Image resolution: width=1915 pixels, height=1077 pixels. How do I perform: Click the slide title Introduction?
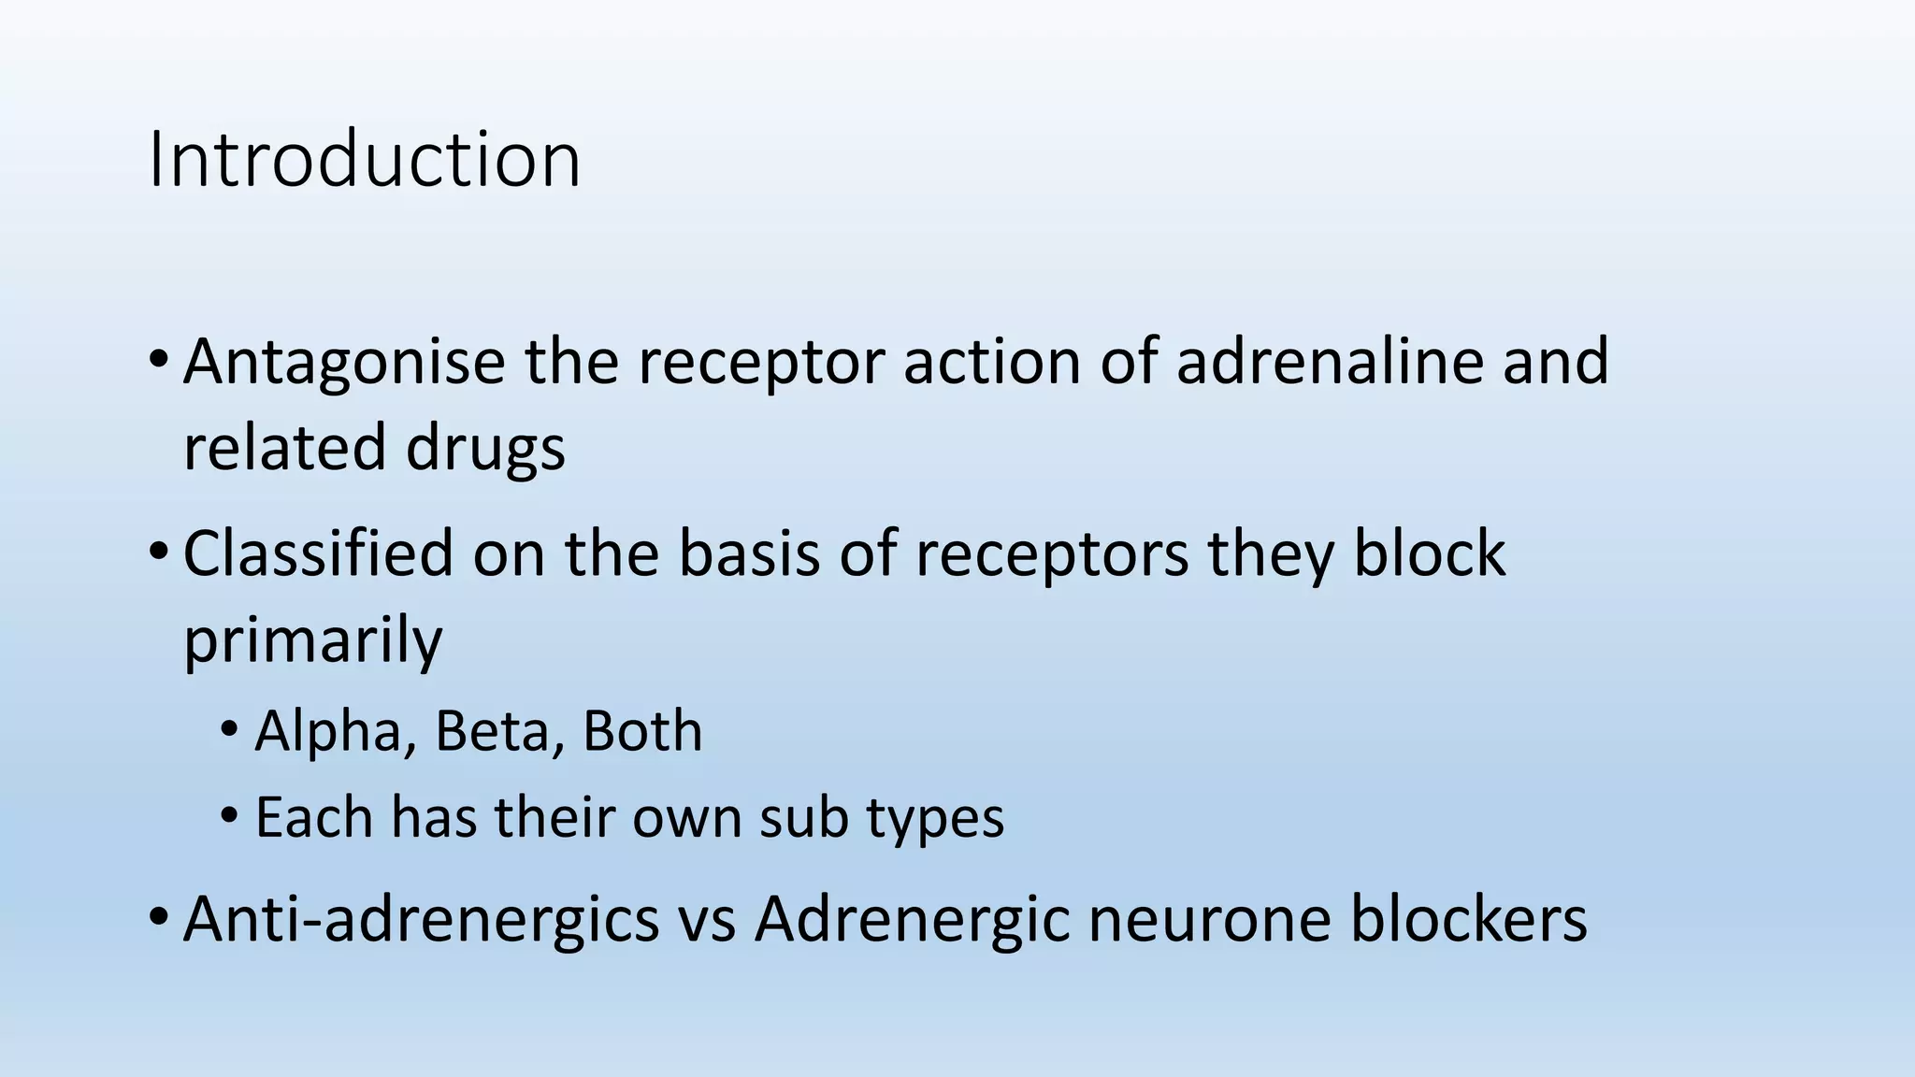(364, 160)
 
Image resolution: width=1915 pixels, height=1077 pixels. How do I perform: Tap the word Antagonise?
(344, 362)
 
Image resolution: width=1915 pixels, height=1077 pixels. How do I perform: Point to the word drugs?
(485, 447)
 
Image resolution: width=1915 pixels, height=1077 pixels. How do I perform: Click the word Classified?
(318, 553)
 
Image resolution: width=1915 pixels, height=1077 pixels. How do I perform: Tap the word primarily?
(312, 641)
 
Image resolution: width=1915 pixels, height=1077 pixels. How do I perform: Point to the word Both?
(642, 731)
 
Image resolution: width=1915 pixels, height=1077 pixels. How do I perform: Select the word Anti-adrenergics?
(421, 919)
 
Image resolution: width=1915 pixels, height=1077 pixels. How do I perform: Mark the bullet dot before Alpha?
(229, 730)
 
